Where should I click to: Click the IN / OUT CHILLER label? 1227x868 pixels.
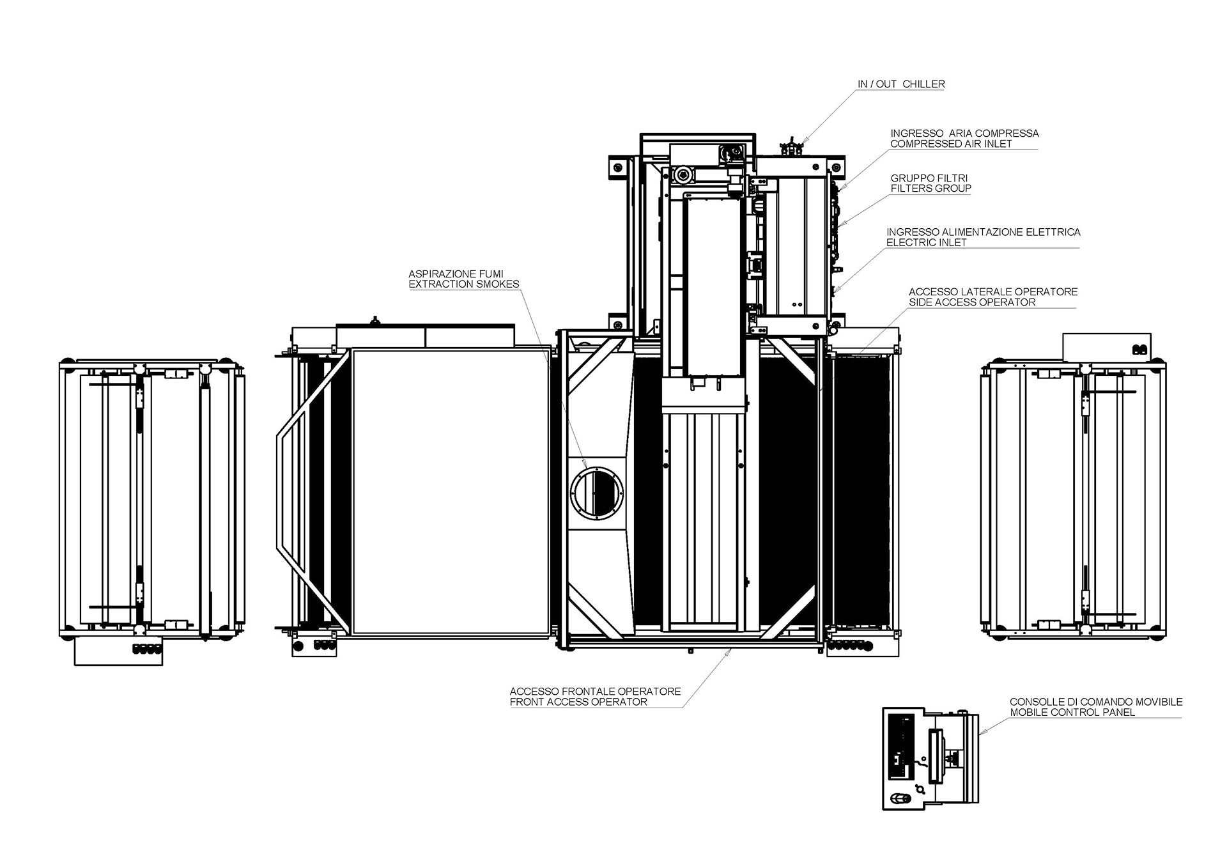(x=901, y=84)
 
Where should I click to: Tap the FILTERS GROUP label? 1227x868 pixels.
(x=930, y=189)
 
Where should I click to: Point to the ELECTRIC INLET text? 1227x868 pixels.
(x=926, y=242)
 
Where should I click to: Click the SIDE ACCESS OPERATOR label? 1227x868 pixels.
(x=972, y=302)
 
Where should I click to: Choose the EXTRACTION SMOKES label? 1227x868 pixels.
(x=464, y=284)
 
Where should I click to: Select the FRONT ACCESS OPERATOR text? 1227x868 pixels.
(x=578, y=702)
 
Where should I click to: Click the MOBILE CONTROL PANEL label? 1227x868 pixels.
(x=1072, y=712)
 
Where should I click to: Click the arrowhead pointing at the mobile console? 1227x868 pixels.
(x=982, y=732)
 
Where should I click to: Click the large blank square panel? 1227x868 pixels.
(x=451, y=491)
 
